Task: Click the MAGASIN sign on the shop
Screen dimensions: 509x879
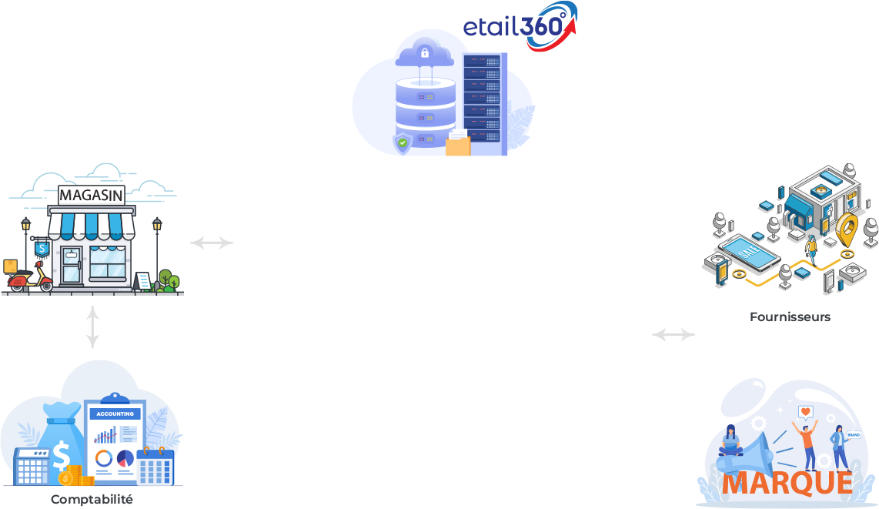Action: tap(91, 195)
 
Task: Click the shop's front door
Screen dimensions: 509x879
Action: tap(72, 266)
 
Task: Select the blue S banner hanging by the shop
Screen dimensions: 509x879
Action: tap(41, 249)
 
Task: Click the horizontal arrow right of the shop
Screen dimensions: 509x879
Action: tap(212, 243)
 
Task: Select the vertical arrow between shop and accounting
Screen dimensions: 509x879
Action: tap(92, 327)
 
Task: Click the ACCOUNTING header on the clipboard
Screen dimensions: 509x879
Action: tap(115, 414)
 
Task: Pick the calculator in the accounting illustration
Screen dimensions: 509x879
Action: tap(32, 466)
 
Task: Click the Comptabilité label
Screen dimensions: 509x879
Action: tap(92, 500)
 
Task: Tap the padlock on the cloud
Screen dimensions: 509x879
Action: tap(424, 53)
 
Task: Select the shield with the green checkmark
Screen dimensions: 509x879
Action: tap(403, 143)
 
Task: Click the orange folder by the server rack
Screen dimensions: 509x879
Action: tap(458, 145)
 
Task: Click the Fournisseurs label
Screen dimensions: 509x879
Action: tap(790, 317)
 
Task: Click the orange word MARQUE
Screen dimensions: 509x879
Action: tap(787, 483)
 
